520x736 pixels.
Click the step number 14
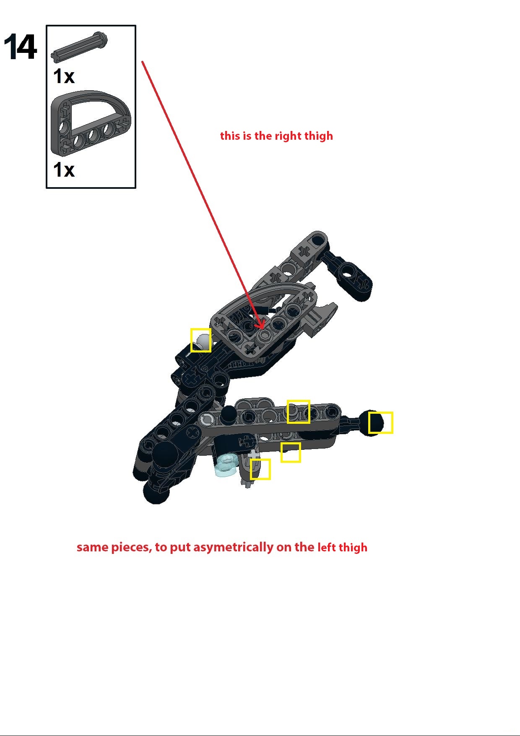coord(20,47)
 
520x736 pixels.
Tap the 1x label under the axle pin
coord(64,76)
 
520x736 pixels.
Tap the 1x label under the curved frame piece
coord(64,170)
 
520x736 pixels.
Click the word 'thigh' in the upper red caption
coord(319,136)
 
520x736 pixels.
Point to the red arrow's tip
coord(263,328)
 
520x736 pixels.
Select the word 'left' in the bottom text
coord(327,548)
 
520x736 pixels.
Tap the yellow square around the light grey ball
coord(201,340)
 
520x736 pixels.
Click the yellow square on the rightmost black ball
coord(381,423)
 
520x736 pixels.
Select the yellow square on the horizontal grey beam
coord(298,412)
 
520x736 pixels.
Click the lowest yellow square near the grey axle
coord(260,469)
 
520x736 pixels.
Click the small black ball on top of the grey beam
coord(229,412)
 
